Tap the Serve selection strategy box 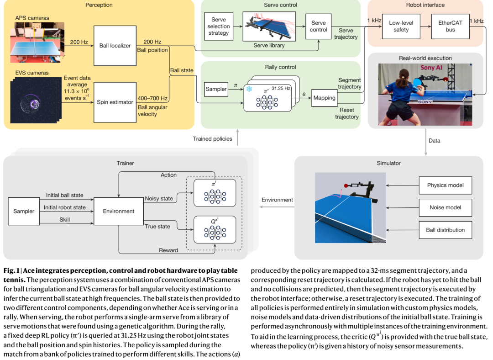tap(219, 26)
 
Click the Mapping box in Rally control tap(324, 98)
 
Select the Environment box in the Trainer tap(119, 211)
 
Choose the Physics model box tap(445, 185)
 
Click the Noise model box tap(445, 207)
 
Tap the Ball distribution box tap(445, 230)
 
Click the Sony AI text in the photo tap(432, 68)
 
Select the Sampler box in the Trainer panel tap(24, 211)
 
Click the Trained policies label tap(212, 138)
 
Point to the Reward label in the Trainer tap(168, 250)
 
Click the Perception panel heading tap(99, 5)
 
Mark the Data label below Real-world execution tap(435, 141)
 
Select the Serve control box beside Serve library tap(319, 26)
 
